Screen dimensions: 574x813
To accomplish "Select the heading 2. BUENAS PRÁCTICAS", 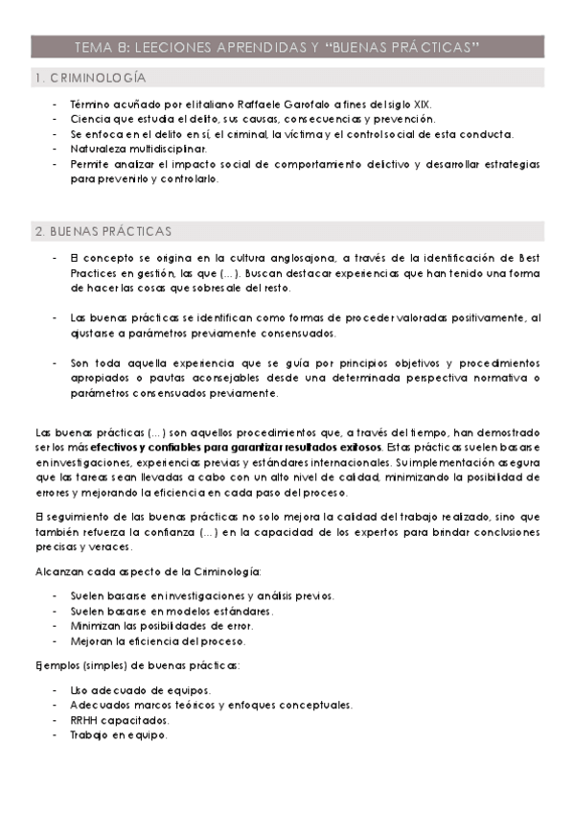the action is click(x=103, y=232).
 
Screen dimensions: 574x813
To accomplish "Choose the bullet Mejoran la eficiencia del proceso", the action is click(x=158, y=640).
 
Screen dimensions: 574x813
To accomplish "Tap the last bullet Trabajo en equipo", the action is click(x=119, y=735).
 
